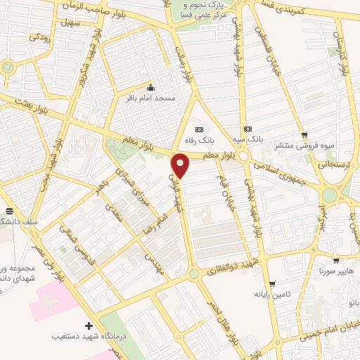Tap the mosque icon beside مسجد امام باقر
coord(150,88)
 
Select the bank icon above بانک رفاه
coord(199,129)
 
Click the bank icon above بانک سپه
coord(248,129)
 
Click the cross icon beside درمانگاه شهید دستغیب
coord(89,325)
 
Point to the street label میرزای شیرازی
coord(130,189)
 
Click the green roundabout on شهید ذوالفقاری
coord(193,273)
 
